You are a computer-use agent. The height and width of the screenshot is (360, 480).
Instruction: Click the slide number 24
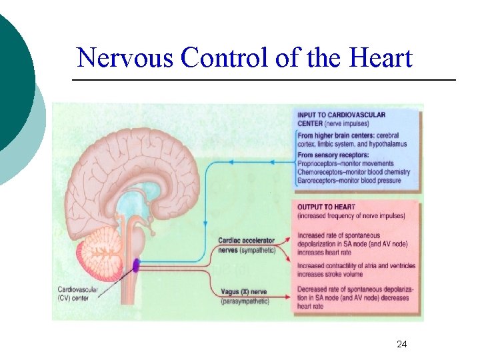pos(401,344)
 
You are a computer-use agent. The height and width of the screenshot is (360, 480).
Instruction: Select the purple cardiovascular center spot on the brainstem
pos(136,265)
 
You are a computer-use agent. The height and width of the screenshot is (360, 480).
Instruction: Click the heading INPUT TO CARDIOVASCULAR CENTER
pos(341,119)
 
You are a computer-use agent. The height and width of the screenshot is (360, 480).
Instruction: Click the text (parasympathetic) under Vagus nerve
pos(244,301)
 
